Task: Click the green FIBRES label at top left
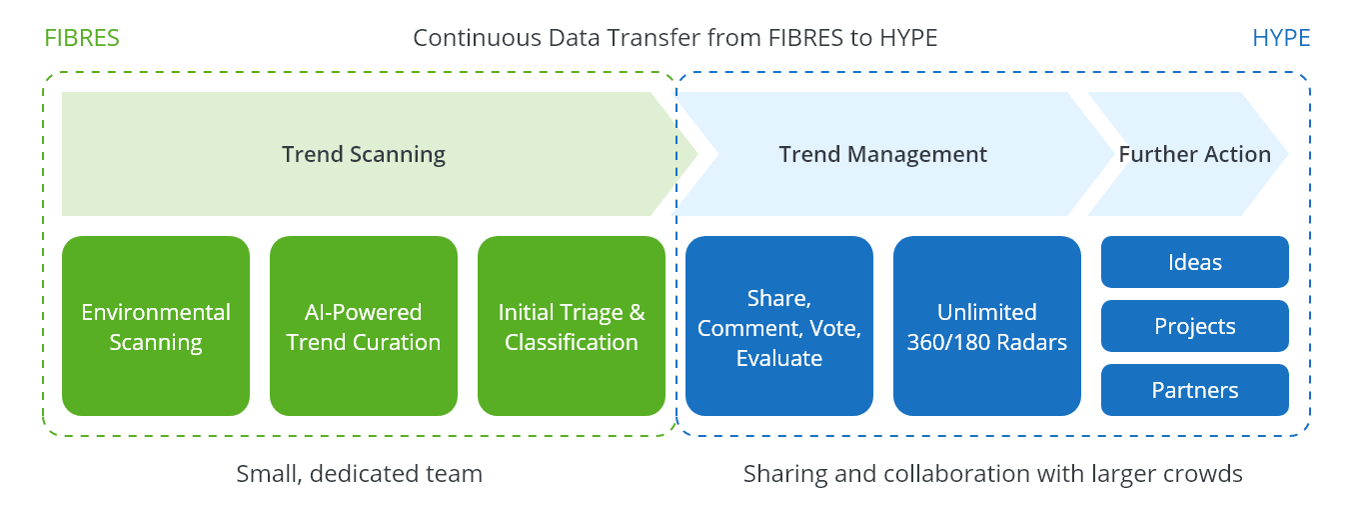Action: tap(82, 38)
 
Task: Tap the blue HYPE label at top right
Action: tap(1281, 38)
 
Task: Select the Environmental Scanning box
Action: tap(156, 326)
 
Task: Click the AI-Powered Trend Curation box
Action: tap(364, 326)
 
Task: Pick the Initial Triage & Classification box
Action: tap(572, 326)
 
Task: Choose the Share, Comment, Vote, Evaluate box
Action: tap(779, 326)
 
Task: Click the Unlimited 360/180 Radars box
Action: tap(987, 326)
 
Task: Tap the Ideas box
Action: tap(1195, 262)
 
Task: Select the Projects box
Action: tap(1195, 326)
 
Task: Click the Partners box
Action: tap(1195, 390)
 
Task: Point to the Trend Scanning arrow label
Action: tap(364, 154)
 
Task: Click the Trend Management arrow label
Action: tap(883, 154)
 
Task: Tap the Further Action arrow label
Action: tap(1195, 154)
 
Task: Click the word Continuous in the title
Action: tap(471, 38)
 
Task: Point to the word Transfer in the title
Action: tap(641, 38)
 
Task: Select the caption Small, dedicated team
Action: tap(359, 473)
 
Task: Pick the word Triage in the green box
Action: tap(589, 312)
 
